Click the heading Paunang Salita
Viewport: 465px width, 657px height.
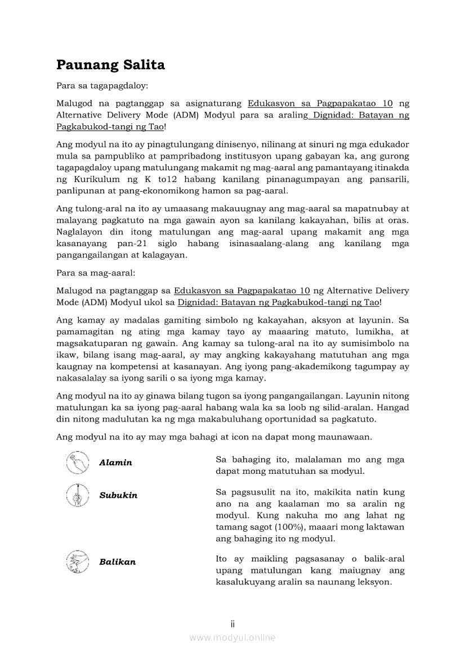110,65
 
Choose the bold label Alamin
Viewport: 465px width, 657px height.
115,463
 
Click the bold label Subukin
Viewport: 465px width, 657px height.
118,496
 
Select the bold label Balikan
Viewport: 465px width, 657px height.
117,562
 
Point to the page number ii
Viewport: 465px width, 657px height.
232,624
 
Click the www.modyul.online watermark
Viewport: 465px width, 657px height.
232,637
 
